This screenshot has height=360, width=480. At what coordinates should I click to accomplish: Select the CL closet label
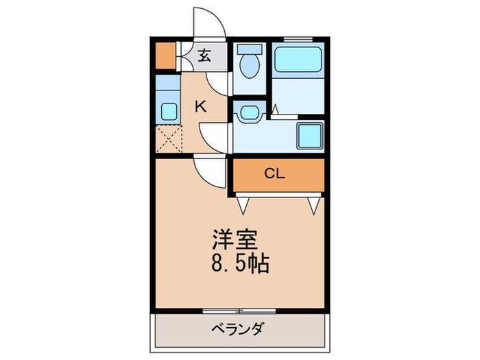275,174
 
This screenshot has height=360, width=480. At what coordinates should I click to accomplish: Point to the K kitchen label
200,106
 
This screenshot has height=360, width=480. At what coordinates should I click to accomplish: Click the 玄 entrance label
204,56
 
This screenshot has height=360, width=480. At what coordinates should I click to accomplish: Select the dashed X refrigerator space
167,139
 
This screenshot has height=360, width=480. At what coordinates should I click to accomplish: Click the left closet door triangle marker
243,204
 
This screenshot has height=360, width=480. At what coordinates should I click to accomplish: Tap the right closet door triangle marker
315,204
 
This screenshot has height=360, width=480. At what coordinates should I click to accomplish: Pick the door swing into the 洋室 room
210,171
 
